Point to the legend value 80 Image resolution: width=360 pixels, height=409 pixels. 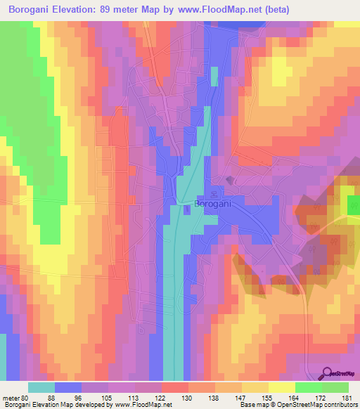(25, 398)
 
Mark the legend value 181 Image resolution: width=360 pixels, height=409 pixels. (346, 398)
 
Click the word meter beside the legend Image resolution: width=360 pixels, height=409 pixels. (11, 398)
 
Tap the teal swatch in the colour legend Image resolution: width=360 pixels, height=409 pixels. (41, 387)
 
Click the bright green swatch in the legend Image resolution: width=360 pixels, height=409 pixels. (309, 387)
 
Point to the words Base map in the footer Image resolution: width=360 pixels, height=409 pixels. (252, 405)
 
